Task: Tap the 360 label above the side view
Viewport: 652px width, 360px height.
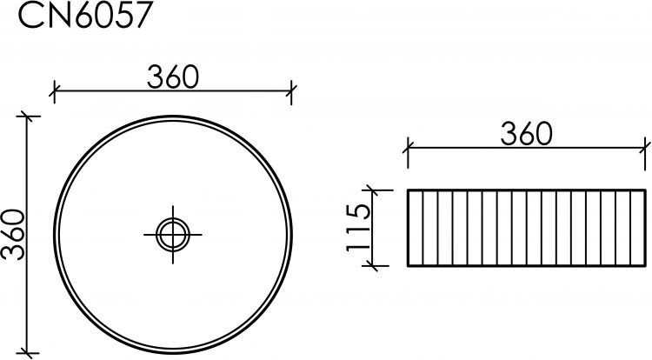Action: click(527, 133)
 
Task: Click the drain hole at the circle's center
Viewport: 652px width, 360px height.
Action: click(172, 233)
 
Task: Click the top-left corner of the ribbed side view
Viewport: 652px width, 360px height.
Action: click(407, 189)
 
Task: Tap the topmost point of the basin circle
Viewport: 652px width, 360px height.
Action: click(172, 116)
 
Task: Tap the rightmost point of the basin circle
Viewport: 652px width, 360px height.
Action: click(289, 233)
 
